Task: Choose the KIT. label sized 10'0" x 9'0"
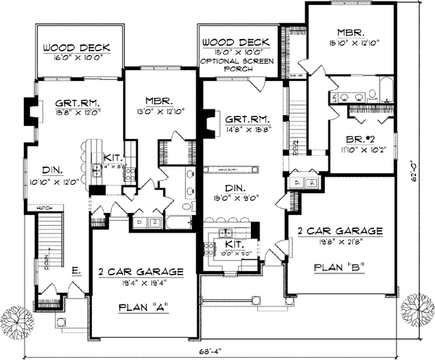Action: click(233, 247)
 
